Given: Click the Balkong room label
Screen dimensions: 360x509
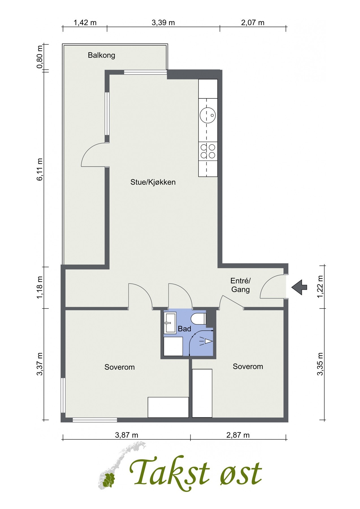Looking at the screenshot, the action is coord(102,55).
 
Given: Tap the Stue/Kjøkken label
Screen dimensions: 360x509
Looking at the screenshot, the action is coord(153,182).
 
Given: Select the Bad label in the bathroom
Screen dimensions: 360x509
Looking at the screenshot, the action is coord(184,329).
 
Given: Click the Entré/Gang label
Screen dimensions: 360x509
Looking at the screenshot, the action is coord(240,285).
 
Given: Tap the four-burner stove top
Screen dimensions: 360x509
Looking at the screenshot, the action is coord(208,151).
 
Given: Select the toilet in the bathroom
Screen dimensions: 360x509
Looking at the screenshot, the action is coord(199,319).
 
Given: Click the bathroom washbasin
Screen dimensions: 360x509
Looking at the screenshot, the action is coord(170,322).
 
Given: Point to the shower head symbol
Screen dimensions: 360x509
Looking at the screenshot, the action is coord(206,341).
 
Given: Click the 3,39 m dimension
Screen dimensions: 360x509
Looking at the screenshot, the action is coord(163,22).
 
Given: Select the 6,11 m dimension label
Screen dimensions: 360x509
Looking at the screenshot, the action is coord(40,169).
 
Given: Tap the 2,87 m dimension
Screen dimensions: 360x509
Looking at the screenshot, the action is coord(238,435).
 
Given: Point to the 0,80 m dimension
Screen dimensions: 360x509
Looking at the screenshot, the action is coord(40,57).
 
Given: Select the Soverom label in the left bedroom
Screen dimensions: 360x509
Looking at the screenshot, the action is coord(119,367).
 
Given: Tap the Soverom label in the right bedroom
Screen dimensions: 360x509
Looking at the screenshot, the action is coord(248,366).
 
